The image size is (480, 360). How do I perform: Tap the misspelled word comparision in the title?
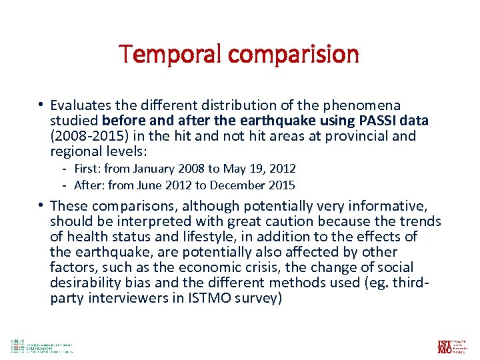coord(288,55)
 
